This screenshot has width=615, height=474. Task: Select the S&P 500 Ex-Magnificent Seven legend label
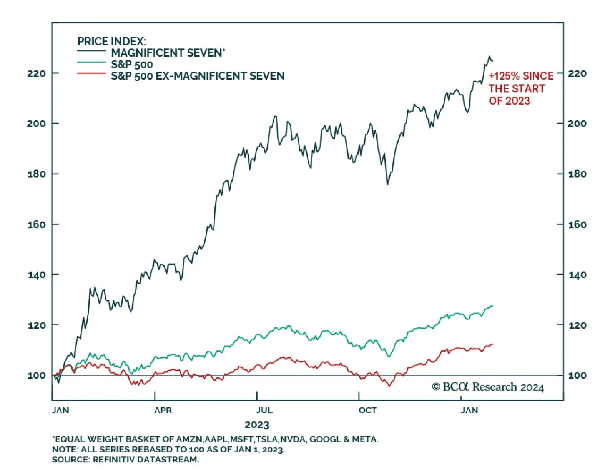198,76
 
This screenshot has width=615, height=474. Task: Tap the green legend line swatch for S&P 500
91,62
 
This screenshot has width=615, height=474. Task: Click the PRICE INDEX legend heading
111,41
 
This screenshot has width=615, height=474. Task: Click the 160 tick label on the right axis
577,225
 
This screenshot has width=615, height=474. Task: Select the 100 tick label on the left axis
37,376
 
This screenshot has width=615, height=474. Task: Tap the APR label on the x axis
163,410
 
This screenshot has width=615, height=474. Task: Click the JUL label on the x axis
264,410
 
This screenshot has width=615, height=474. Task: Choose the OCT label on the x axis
367,410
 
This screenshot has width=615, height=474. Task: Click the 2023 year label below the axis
257,425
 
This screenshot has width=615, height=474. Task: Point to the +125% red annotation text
520,76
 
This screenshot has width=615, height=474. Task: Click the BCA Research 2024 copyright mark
488,387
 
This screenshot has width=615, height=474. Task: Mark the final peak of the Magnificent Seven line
489,57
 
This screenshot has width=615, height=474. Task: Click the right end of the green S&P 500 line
492,306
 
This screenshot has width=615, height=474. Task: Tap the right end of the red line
492,344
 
